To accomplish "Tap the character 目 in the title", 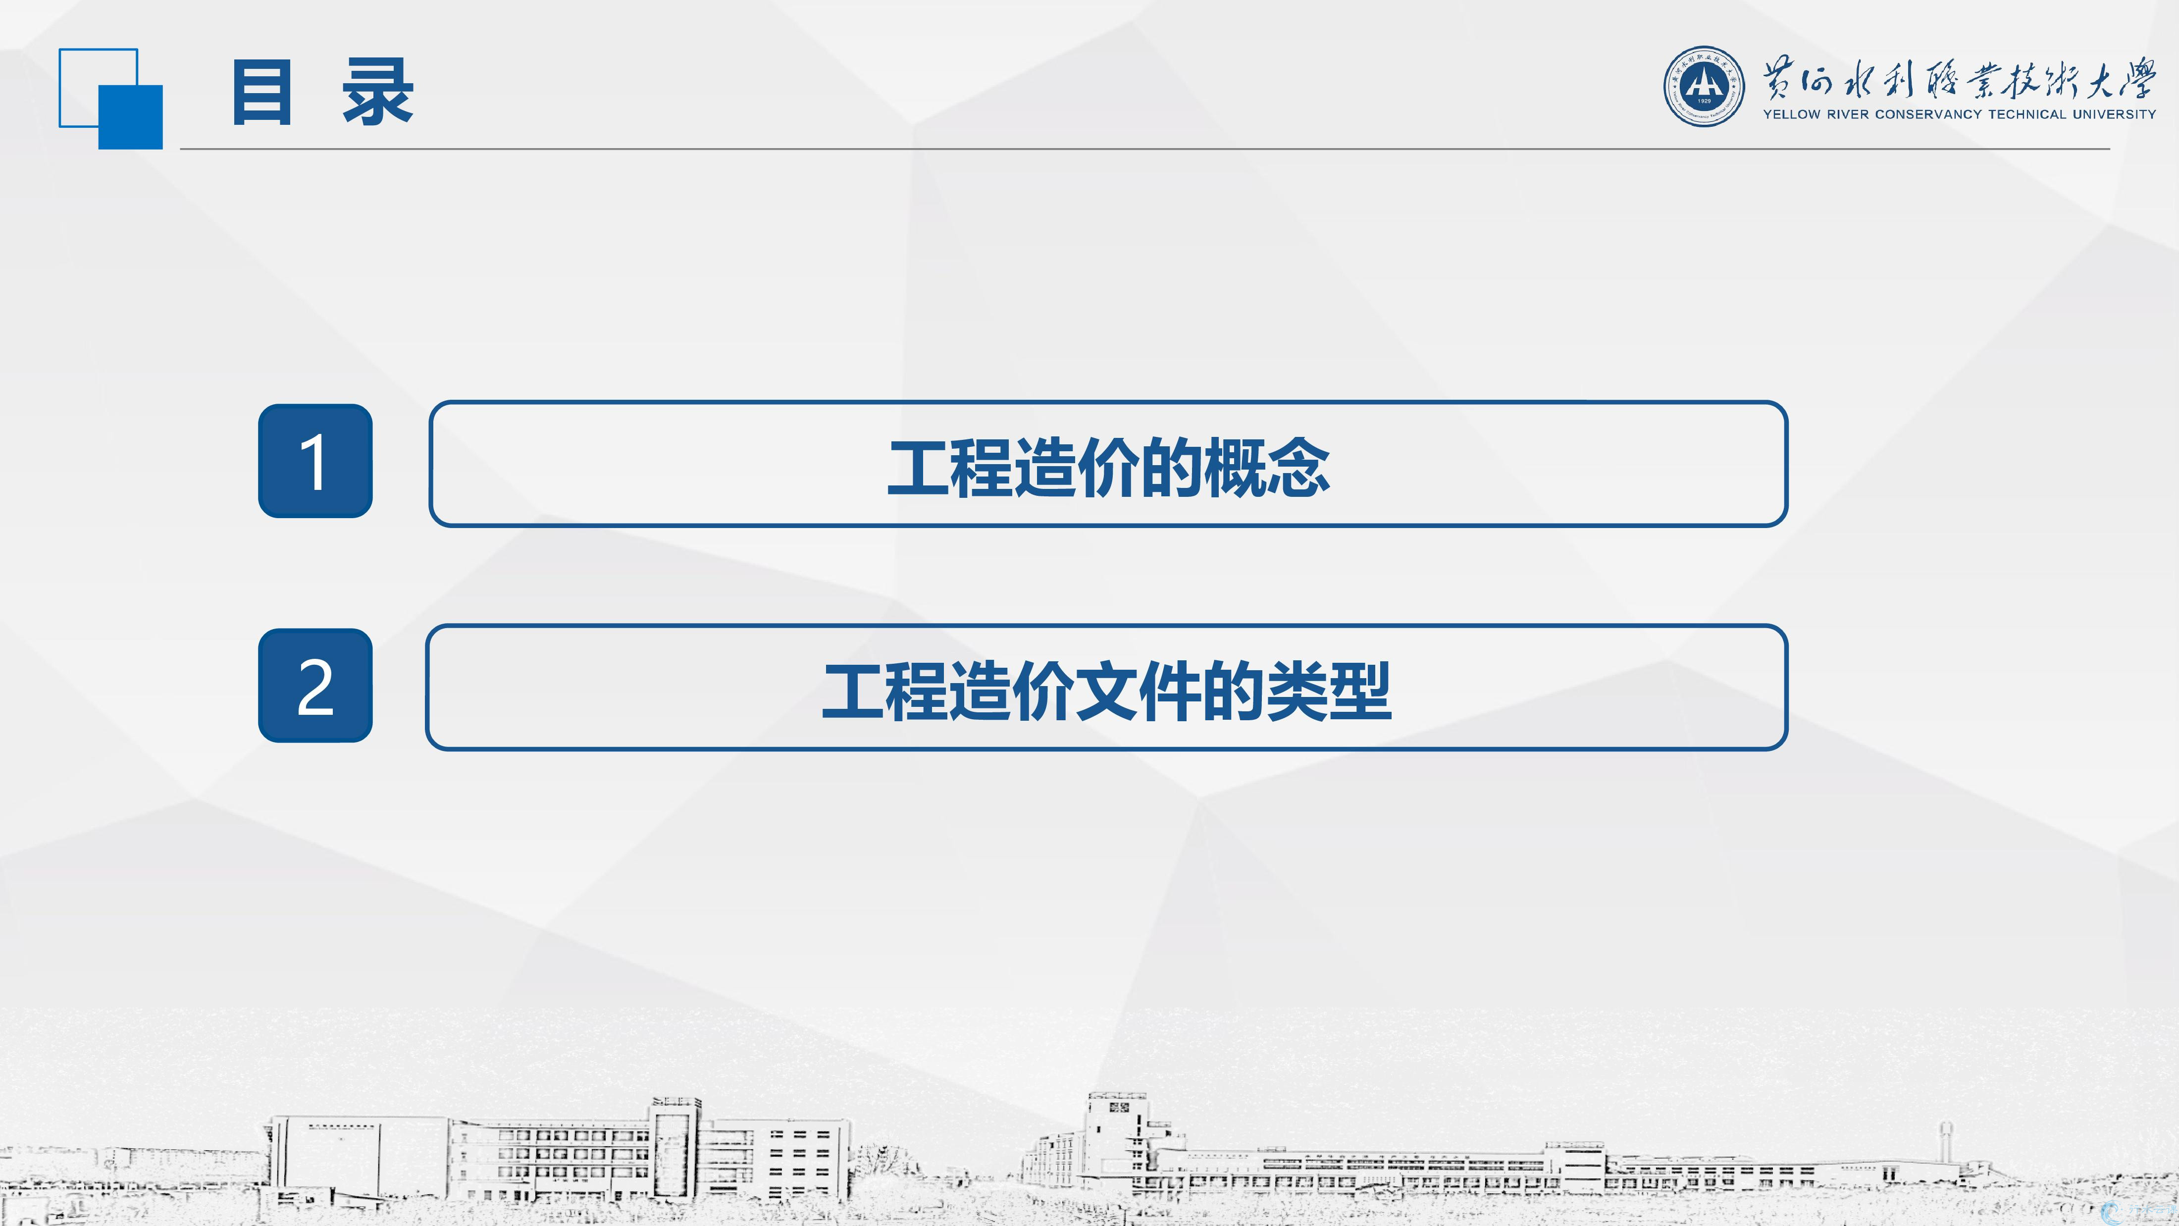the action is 262,93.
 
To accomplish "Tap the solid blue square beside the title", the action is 130,117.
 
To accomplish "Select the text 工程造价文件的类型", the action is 1107,691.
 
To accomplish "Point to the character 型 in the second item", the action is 1360,691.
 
